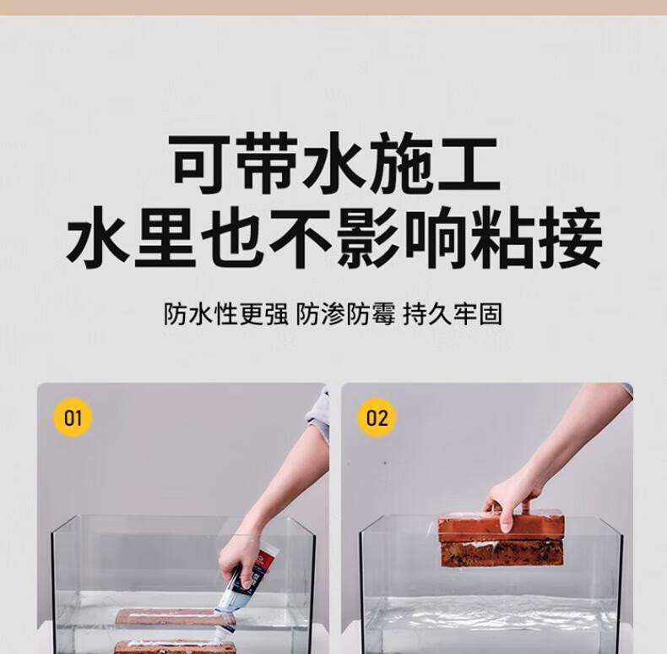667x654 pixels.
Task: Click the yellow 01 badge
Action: pos(73,417)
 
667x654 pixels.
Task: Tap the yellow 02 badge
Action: pos(377,417)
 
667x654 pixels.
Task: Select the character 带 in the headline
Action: pos(267,163)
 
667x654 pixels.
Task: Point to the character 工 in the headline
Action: pos(469,163)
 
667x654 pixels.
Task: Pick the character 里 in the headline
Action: pos(165,237)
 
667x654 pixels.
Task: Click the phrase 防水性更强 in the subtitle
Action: pos(226,314)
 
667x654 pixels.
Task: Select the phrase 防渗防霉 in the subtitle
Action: pos(345,314)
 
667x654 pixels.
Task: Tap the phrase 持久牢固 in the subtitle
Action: pos(453,314)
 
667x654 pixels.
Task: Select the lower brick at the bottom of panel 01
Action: pos(175,647)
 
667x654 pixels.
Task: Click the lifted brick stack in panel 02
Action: pos(502,540)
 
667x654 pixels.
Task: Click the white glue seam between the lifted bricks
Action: pos(502,543)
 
